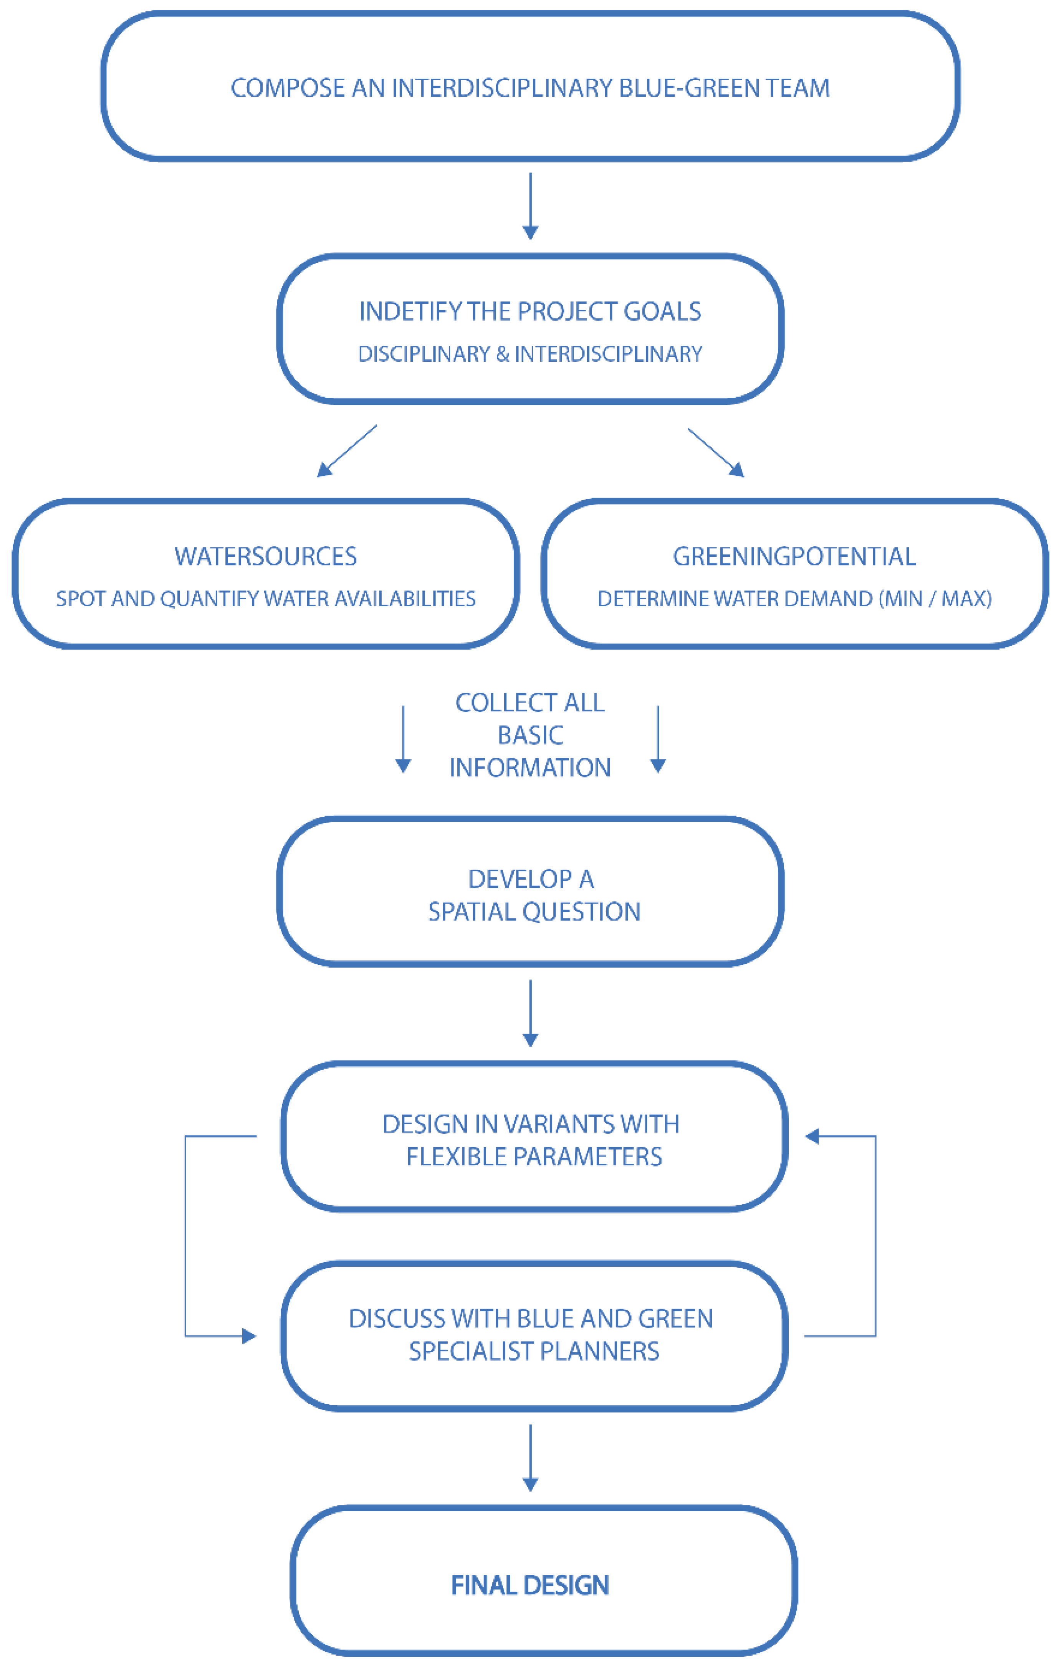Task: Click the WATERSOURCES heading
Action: [x=266, y=556]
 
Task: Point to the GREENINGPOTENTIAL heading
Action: [x=794, y=556]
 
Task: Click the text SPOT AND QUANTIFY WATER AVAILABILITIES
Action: [x=266, y=599]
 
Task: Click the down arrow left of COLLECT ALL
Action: [x=403, y=739]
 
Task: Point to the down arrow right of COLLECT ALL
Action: [x=658, y=739]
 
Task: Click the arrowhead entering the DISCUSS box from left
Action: [x=248, y=1336]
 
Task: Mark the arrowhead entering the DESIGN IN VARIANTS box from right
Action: [x=812, y=1137]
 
